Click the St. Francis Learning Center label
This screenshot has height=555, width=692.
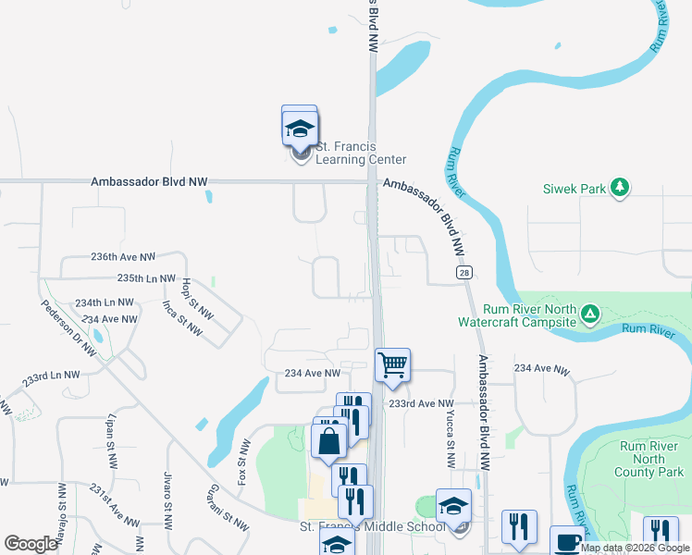pos(361,153)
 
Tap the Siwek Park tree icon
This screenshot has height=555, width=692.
pos(620,189)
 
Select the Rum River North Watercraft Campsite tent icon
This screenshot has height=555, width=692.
pos(589,316)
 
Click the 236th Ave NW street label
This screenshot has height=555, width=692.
pos(123,256)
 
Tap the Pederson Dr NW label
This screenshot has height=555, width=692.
pos(69,327)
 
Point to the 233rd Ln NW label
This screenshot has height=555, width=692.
pos(52,377)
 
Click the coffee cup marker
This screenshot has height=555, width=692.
pos(566,541)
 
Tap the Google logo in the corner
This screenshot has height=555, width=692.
pos(31,544)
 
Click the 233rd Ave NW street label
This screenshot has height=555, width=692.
pos(422,404)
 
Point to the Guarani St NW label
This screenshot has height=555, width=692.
pos(228,507)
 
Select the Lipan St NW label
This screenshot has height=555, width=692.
pos(114,438)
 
